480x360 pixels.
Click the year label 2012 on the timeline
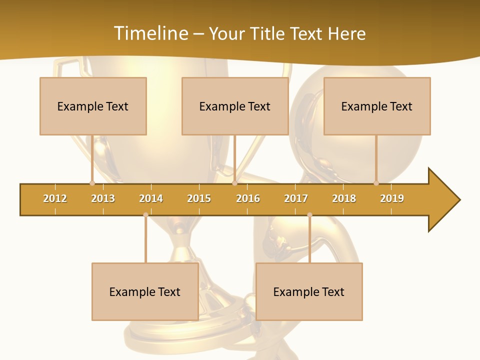55,198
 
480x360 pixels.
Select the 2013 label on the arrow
103,198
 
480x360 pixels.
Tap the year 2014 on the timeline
151,198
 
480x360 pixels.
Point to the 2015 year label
199,198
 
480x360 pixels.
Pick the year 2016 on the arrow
248,198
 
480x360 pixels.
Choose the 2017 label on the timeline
296,198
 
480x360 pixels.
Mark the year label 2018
344,198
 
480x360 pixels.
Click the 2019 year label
392,198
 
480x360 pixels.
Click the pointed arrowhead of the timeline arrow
445,200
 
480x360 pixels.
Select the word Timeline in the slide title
150,33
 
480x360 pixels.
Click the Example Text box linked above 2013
93,106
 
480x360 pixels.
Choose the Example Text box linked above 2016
235,106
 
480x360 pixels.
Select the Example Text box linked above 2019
377,106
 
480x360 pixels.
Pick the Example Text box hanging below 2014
145,291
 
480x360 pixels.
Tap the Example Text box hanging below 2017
309,291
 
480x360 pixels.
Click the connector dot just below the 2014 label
145,215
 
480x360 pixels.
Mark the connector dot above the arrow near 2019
376,183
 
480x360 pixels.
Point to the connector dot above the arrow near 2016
234,183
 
